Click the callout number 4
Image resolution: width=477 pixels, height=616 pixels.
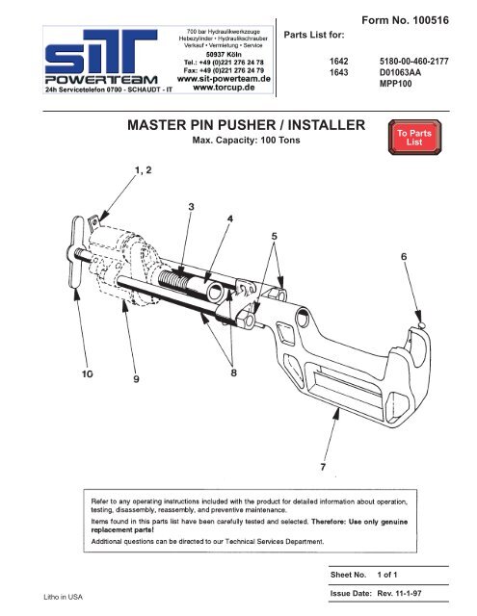point(229,219)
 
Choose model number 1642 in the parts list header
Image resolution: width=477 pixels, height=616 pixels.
point(338,60)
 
